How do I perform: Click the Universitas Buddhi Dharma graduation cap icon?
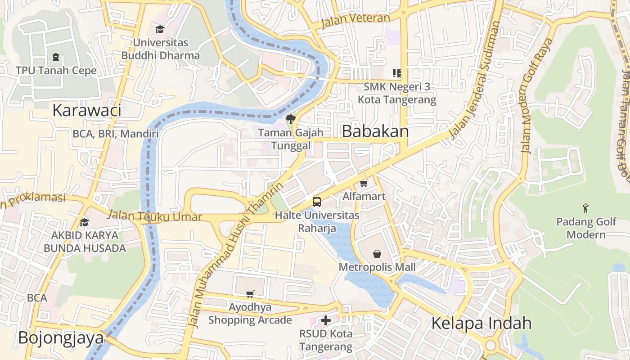point(160,30)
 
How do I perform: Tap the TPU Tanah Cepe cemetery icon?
point(56,57)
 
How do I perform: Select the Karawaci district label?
point(87,110)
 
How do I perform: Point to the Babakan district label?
point(375,131)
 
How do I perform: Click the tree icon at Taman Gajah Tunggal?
point(291,119)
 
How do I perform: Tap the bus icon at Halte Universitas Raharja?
point(317,202)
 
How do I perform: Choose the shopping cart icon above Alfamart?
point(364,183)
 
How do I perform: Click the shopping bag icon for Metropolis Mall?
point(377,254)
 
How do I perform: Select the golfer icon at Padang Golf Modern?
point(585,208)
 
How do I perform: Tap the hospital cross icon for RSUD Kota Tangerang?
point(326,320)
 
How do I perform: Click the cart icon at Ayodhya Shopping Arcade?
point(250,294)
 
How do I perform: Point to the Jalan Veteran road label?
point(355,19)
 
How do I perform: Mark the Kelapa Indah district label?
point(481,323)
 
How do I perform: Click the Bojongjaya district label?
point(61,338)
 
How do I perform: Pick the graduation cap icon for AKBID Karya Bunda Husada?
point(84,222)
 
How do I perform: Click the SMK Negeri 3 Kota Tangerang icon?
point(396,73)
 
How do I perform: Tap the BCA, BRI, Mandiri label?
point(116,134)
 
